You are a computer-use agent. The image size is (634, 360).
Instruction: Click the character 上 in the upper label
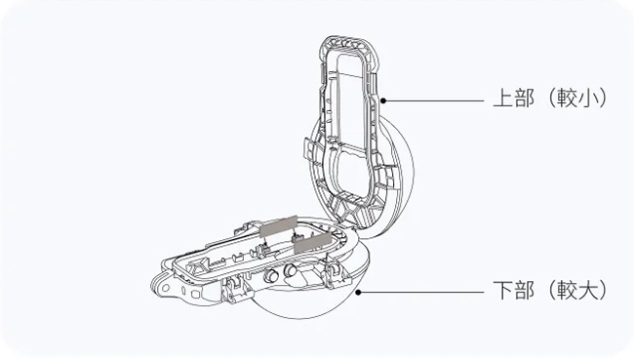tap(503, 99)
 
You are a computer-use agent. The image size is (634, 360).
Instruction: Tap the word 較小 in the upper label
tap(577, 99)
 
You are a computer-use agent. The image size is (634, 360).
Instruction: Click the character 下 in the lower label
tap(503, 290)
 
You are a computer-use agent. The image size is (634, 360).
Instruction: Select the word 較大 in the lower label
tap(577, 290)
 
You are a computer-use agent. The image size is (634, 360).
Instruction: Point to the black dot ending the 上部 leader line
tap(383, 100)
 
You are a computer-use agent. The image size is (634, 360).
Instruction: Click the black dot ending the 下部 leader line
tap(358, 292)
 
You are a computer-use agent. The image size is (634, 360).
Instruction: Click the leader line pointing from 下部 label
tap(422, 292)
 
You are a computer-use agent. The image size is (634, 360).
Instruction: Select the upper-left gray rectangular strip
tap(279, 226)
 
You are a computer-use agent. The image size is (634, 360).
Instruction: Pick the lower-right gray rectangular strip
tap(312, 243)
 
